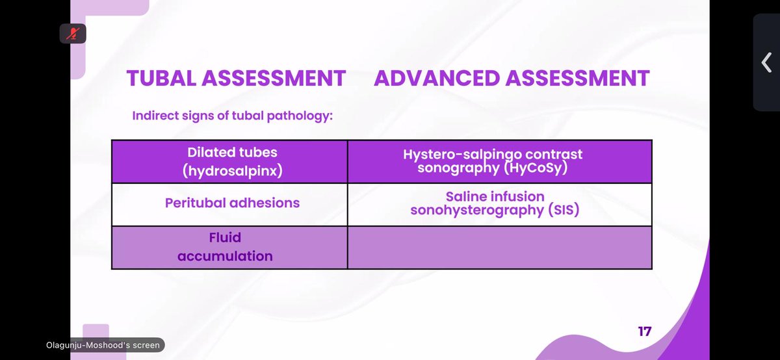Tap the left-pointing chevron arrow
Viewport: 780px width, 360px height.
(x=766, y=62)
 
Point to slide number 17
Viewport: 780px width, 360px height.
(x=644, y=331)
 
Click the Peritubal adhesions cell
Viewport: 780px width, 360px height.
(x=232, y=203)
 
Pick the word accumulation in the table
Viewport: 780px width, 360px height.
(x=225, y=256)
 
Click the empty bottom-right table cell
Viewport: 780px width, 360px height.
(x=499, y=247)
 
